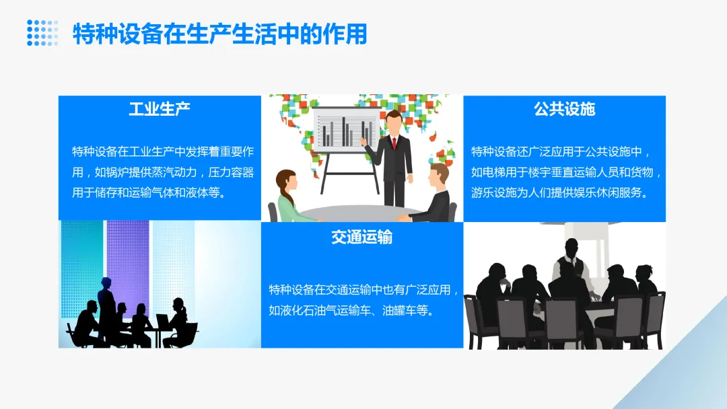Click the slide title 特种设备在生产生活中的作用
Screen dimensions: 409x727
219,34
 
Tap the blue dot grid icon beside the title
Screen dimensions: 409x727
42,33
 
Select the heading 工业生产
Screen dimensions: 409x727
160,109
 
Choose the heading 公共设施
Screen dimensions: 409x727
565,109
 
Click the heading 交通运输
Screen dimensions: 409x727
362,237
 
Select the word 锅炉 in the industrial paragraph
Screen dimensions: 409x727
119,172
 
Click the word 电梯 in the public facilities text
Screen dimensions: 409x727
497,172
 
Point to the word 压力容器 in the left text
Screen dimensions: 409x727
230,172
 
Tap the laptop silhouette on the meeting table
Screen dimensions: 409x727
163,320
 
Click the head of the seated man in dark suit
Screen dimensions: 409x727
438,176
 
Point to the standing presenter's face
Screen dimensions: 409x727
394,124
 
